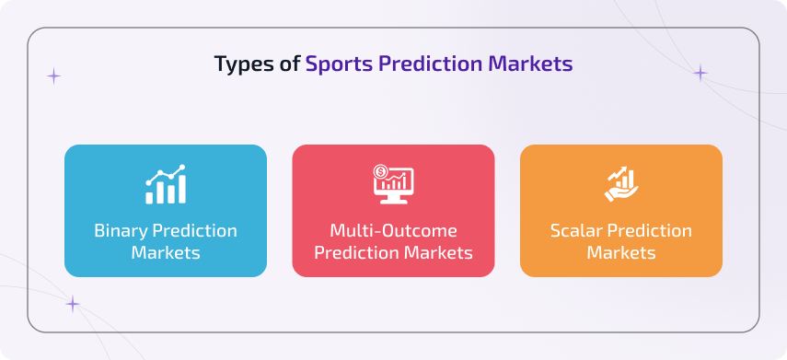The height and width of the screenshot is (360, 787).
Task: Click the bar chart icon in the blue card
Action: pos(166,185)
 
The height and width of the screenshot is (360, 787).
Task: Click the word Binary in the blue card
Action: pos(122,230)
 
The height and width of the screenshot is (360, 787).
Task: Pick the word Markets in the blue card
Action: pos(166,252)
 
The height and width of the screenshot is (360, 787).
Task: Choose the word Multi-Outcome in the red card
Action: pos(393,230)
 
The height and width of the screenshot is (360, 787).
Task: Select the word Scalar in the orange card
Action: pos(576,230)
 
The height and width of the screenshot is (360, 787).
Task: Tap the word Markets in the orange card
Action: pos(621,252)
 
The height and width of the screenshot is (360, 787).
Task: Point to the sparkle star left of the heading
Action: pos(54,75)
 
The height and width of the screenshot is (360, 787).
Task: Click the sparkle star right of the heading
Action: pos(700,73)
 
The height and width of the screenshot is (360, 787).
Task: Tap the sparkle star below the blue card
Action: pos(73,304)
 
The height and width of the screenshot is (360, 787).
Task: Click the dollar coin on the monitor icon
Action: pos(380,171)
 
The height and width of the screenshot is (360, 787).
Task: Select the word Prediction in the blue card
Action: pos(194,230)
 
